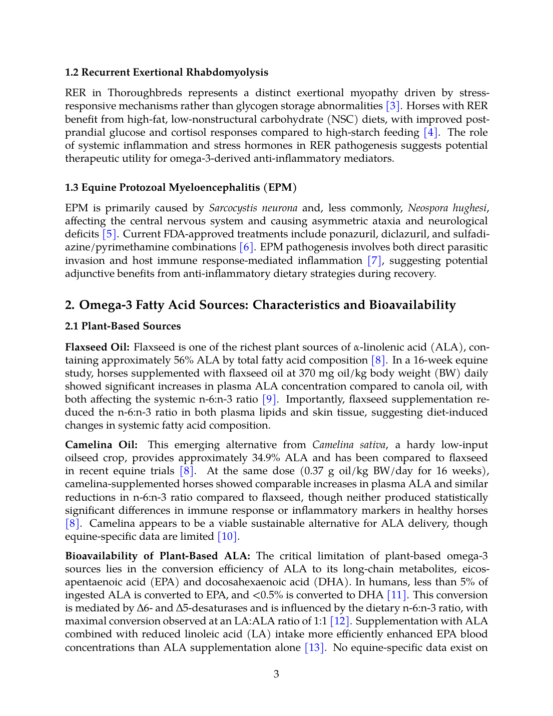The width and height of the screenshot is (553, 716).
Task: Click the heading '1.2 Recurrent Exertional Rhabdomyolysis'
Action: [x=166, y=72]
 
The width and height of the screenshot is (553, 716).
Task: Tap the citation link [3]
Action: [x=393, y=106]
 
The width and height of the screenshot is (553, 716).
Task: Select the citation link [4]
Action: [x=431, y=132]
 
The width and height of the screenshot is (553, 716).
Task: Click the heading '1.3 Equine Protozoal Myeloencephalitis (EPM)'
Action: [x=181, y=187]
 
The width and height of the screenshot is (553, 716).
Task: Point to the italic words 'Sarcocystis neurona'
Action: [x=253, y=208]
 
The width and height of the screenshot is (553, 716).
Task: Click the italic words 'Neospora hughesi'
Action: [x=447, y=208]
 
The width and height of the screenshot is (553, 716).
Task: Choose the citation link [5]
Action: [x=110, y=234]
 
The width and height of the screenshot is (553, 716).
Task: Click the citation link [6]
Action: [x=247, y=247]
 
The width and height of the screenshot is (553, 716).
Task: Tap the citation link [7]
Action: [x=375, y=260]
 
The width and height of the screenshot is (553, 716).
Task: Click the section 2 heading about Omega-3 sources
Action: [x=260, y=305]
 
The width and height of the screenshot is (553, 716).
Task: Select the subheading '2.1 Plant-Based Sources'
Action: [x=123, y=326]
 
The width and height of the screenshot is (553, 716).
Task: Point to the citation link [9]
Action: [x=270, y=399]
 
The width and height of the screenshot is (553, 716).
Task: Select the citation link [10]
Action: [x=228, y=536]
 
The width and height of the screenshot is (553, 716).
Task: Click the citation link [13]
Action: [x=315, y=647]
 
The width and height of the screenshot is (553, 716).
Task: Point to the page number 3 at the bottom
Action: [x=276, y=674]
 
